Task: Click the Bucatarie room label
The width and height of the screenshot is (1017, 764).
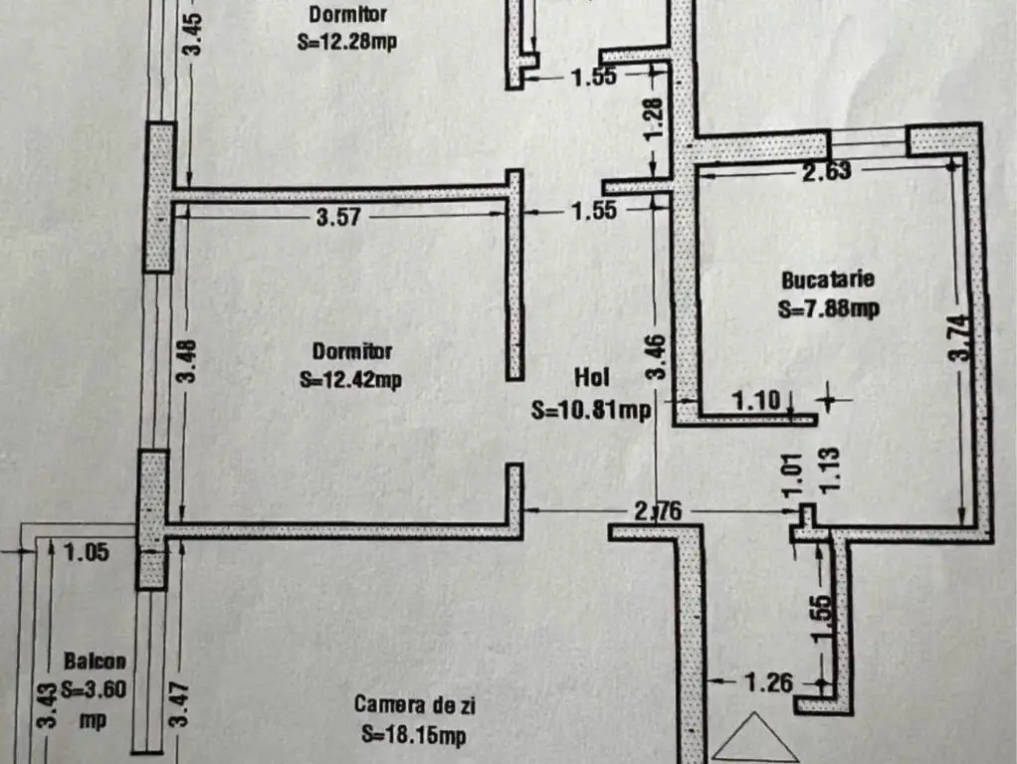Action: [x=828, y=280]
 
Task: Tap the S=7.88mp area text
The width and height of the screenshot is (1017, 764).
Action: [x=828, y=308]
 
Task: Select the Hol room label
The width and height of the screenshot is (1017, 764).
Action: [x=591, y=377]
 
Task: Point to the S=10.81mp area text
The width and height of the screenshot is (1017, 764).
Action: [x=591, y=409]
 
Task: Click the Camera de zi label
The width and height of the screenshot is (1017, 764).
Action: [x=414, y=705]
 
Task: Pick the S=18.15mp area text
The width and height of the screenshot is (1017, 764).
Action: [x=414, y=735]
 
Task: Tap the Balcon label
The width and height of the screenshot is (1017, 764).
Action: [x=95, y=661]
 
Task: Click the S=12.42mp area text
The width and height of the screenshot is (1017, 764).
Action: [x=350, y=379]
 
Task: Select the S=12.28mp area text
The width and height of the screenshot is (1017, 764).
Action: [x=347, y=42]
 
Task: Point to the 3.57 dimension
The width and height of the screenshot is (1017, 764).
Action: [x=338, y=217]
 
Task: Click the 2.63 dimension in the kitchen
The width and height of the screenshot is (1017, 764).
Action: [x=826, y=171]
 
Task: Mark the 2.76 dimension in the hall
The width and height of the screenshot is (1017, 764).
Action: [x=658, y=511]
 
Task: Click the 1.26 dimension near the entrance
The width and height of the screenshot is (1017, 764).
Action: [x=768, y=682]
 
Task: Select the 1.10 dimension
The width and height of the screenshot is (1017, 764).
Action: [x=756, y=401]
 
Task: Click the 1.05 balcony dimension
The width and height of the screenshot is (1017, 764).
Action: [x=87, y=552]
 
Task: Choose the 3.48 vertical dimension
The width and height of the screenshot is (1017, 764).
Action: [x=187, y=361]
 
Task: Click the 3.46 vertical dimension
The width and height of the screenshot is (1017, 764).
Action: [x=657, y=356]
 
